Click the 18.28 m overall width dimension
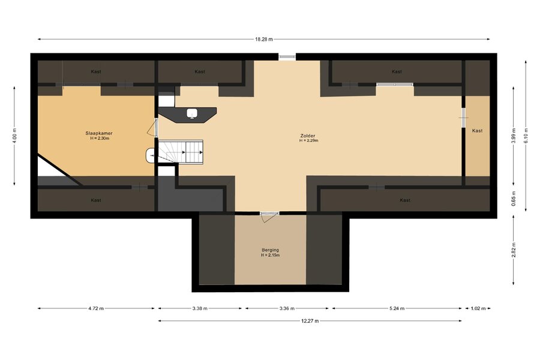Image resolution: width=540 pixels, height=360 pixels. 264,39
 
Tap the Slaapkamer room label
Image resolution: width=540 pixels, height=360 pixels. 99,133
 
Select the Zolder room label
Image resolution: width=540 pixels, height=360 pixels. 308,136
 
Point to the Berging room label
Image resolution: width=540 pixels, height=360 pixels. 271,250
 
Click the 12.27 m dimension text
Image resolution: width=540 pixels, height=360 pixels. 310,321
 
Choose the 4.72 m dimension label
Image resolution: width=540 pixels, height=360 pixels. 96,308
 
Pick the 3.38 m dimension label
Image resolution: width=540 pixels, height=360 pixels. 200,308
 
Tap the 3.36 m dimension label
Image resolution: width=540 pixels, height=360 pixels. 287,308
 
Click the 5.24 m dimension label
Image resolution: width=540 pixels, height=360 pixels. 397,308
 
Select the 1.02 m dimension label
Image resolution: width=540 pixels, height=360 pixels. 478,308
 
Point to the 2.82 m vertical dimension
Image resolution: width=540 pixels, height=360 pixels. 514,250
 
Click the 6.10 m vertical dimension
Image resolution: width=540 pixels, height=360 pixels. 526,136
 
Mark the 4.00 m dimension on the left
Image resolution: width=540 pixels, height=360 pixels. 14,136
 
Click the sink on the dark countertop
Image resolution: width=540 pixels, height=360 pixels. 192,113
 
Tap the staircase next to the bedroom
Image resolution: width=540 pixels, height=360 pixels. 181,151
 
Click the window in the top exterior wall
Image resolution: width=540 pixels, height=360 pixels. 287,57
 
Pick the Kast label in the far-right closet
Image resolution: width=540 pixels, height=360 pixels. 478,131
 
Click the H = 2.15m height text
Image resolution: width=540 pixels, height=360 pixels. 271,255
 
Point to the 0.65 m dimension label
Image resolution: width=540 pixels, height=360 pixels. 514,199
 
